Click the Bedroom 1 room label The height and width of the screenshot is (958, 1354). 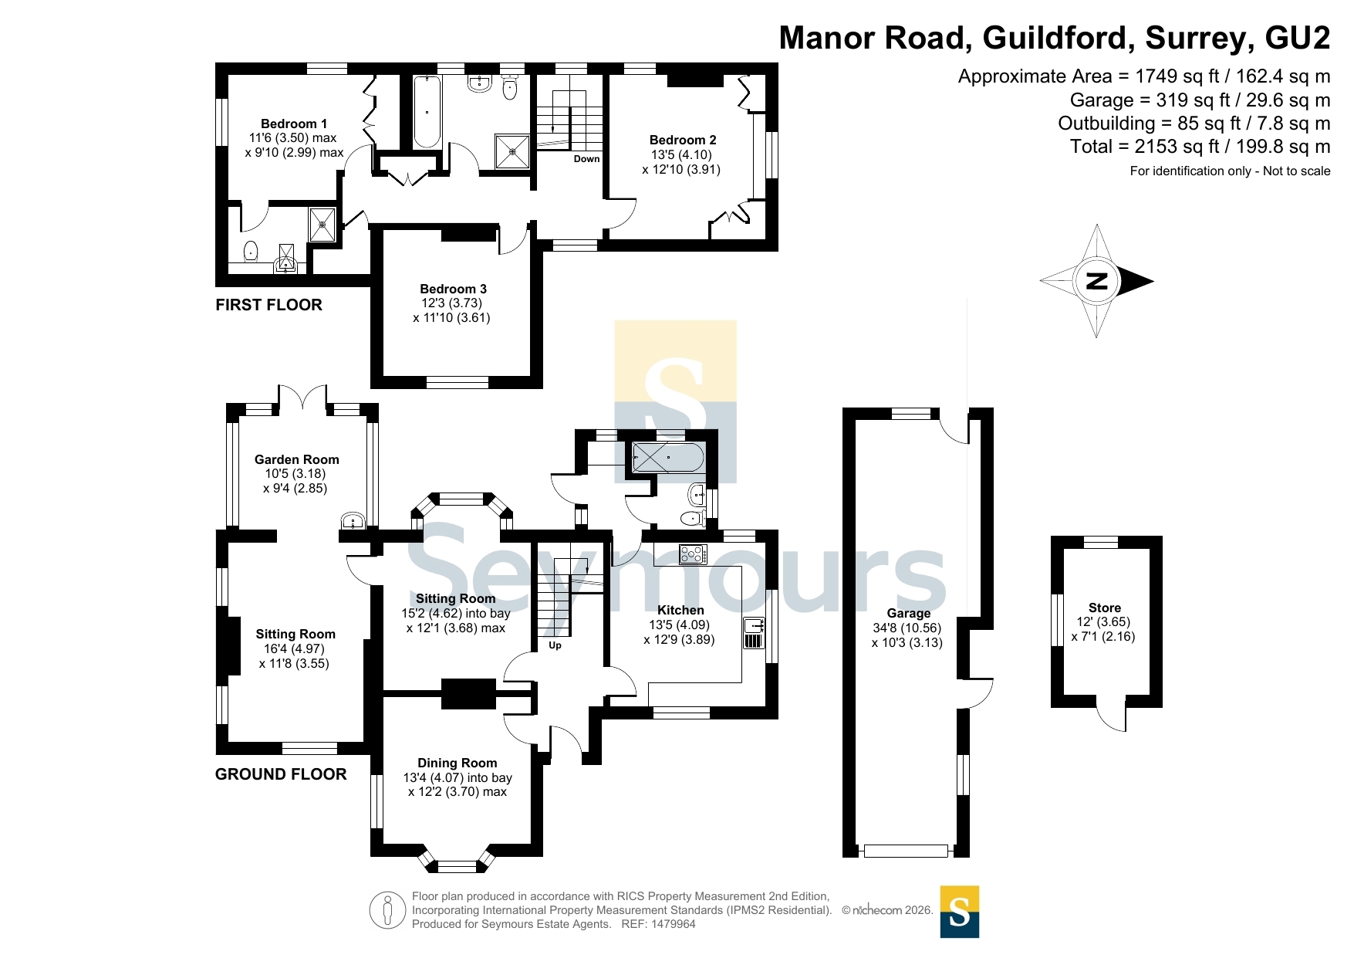(x=294, y=124)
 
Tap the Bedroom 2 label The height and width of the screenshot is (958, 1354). (x=683, y=140)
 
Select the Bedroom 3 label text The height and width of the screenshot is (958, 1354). (x=453, y=289)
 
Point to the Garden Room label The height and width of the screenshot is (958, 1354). (x=297, y=459)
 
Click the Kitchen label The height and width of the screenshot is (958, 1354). (x=680, y=610)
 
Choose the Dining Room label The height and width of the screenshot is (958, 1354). (x=458, y=763)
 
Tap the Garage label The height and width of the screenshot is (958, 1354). (x=908, y=614)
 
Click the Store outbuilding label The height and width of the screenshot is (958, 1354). (x=1105, y=608)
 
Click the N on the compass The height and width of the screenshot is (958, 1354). (x=1096, y=281)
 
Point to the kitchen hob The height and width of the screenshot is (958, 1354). (x=693, y=554)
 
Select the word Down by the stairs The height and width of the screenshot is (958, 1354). (x=586, y=159)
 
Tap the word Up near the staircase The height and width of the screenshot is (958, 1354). (x=555, y=645)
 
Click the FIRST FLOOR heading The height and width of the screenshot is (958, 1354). (x=268, y=305)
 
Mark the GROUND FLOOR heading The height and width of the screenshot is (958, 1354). (x=281, y=774)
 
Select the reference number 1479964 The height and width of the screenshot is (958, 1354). (x=674, y=924)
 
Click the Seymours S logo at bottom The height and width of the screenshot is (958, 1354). (x=960, y=912)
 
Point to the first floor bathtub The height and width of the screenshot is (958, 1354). (x=427, y=111)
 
